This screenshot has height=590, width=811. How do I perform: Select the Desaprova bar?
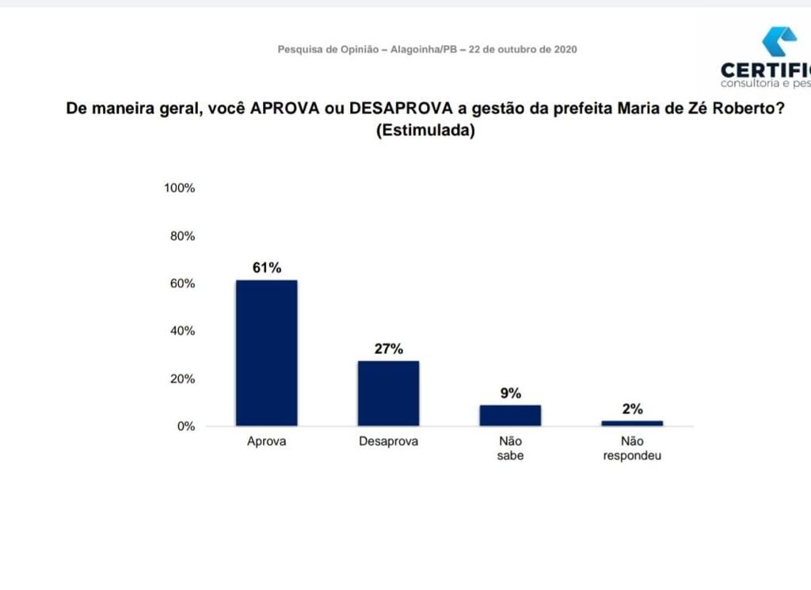[388, 393]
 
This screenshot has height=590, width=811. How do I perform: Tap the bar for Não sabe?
[510, 415]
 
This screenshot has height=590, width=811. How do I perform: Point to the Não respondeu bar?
[632, 423]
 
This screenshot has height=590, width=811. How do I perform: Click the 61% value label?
[267, 268]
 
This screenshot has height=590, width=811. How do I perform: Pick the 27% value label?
[389, 348]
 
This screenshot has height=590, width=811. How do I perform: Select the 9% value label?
[511, 393]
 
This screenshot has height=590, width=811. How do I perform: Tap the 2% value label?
[632, 409]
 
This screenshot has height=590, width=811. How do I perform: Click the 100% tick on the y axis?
[179, 188]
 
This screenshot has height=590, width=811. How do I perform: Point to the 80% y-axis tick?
[181, 236]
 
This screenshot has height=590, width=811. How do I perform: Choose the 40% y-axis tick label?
[181, 331]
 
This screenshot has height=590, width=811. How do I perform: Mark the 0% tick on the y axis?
[185, 426]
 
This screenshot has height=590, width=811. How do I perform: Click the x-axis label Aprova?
[266, 442]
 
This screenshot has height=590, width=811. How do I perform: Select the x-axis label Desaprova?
[388, 442]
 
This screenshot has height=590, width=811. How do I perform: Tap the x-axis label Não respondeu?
[632, 448]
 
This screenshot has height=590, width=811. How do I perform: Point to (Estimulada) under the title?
[425, 131]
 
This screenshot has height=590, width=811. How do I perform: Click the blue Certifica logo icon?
[779, 41]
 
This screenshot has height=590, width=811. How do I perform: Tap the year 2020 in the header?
[565, 49]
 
